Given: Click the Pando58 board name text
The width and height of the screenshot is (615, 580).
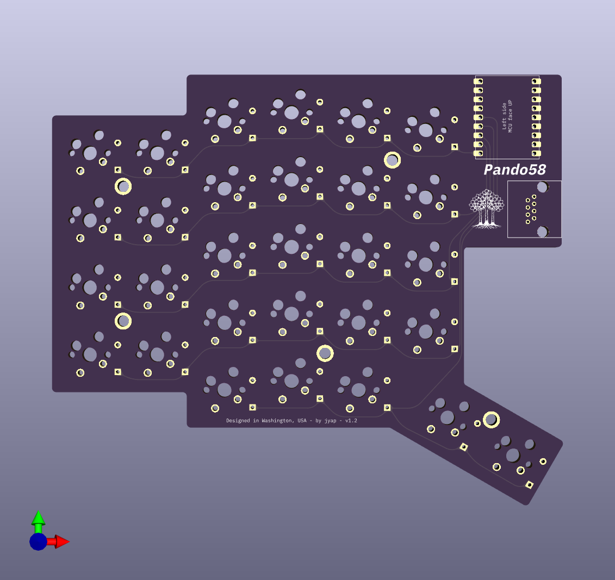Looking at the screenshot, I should point(514,170).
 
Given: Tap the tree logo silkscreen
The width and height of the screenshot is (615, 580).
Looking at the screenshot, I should point(487,209).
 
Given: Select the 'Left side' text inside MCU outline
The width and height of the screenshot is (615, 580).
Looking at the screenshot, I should point(504,116).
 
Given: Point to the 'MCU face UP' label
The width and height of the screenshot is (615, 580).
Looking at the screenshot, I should point(511,116).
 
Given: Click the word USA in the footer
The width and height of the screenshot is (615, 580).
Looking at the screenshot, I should point(302,421).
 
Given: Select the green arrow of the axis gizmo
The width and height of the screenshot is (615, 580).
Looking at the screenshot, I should point(38,519).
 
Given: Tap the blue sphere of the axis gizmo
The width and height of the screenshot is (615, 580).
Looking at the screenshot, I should point(38,541).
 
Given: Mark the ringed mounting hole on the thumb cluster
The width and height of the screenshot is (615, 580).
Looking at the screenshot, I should point(491,419).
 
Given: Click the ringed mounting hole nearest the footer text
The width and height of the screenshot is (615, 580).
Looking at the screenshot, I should point(325,353).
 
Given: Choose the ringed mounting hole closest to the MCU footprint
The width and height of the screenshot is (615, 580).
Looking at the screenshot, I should point(392,160).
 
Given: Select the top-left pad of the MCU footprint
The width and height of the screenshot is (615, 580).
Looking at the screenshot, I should point(478,82).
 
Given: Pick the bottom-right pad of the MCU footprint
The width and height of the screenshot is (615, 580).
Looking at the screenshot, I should point(536,153).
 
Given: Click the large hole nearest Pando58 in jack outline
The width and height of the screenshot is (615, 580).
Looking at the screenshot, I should point(542,187).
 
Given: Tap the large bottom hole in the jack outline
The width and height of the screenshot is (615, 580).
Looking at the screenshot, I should point(542,232).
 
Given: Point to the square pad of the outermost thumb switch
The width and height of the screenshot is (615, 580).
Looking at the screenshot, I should point(529,484).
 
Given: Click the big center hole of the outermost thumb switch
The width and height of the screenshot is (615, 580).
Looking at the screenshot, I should point(513,455).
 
